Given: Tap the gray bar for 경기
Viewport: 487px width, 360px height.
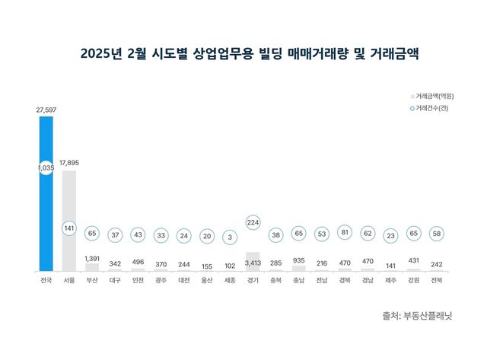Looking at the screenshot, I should pyautogui.click(x=253, y=262).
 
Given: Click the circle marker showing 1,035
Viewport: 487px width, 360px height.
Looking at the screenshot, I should pyautogui.click(x=46, y=167).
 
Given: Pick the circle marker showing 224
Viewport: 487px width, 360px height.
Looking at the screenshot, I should pyautogui.click(x=253, y=222).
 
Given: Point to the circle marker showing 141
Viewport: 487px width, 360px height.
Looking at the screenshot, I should pyautogui.click(x=68, y=227).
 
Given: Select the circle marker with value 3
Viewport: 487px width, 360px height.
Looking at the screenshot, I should pyautogui.click(x=230, y=236).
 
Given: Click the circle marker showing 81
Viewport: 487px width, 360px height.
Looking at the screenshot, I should pyautogui.click(x=345, y=233).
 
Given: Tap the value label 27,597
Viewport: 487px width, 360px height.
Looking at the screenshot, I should pyautogui.click(x=46, y=110).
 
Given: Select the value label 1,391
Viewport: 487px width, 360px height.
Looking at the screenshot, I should pyautogui.click(x=92, y=258).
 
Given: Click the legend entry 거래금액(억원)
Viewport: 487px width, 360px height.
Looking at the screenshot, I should pyautogui.click(x=431, y=96).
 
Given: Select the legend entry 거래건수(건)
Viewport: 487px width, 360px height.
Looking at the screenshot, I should pyautogui.click(x=431, y=109).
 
